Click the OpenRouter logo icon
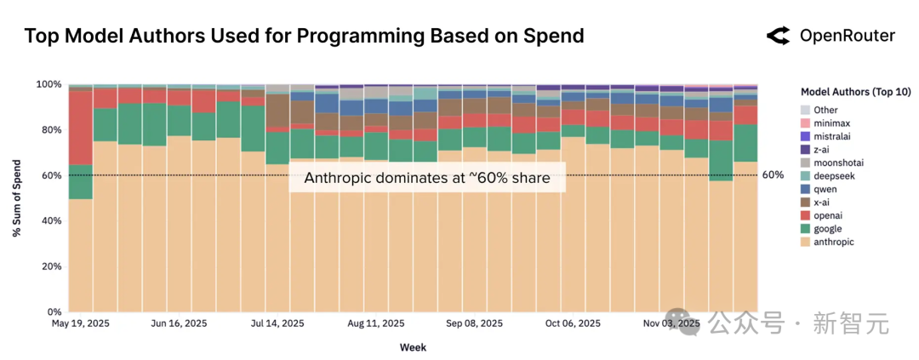[x=778, y=36]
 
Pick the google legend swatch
[x=806, y=229]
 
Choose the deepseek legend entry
[x=828, y=176]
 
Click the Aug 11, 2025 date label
[x=375, y=323]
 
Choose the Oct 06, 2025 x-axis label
[x=573, y=323]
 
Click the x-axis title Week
[x=413, y=347]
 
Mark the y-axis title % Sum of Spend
[x=17, y=198]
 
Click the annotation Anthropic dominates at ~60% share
[x=426, y=179]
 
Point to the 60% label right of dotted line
[x=773, y=175]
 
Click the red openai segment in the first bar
[x=81, y=128]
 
